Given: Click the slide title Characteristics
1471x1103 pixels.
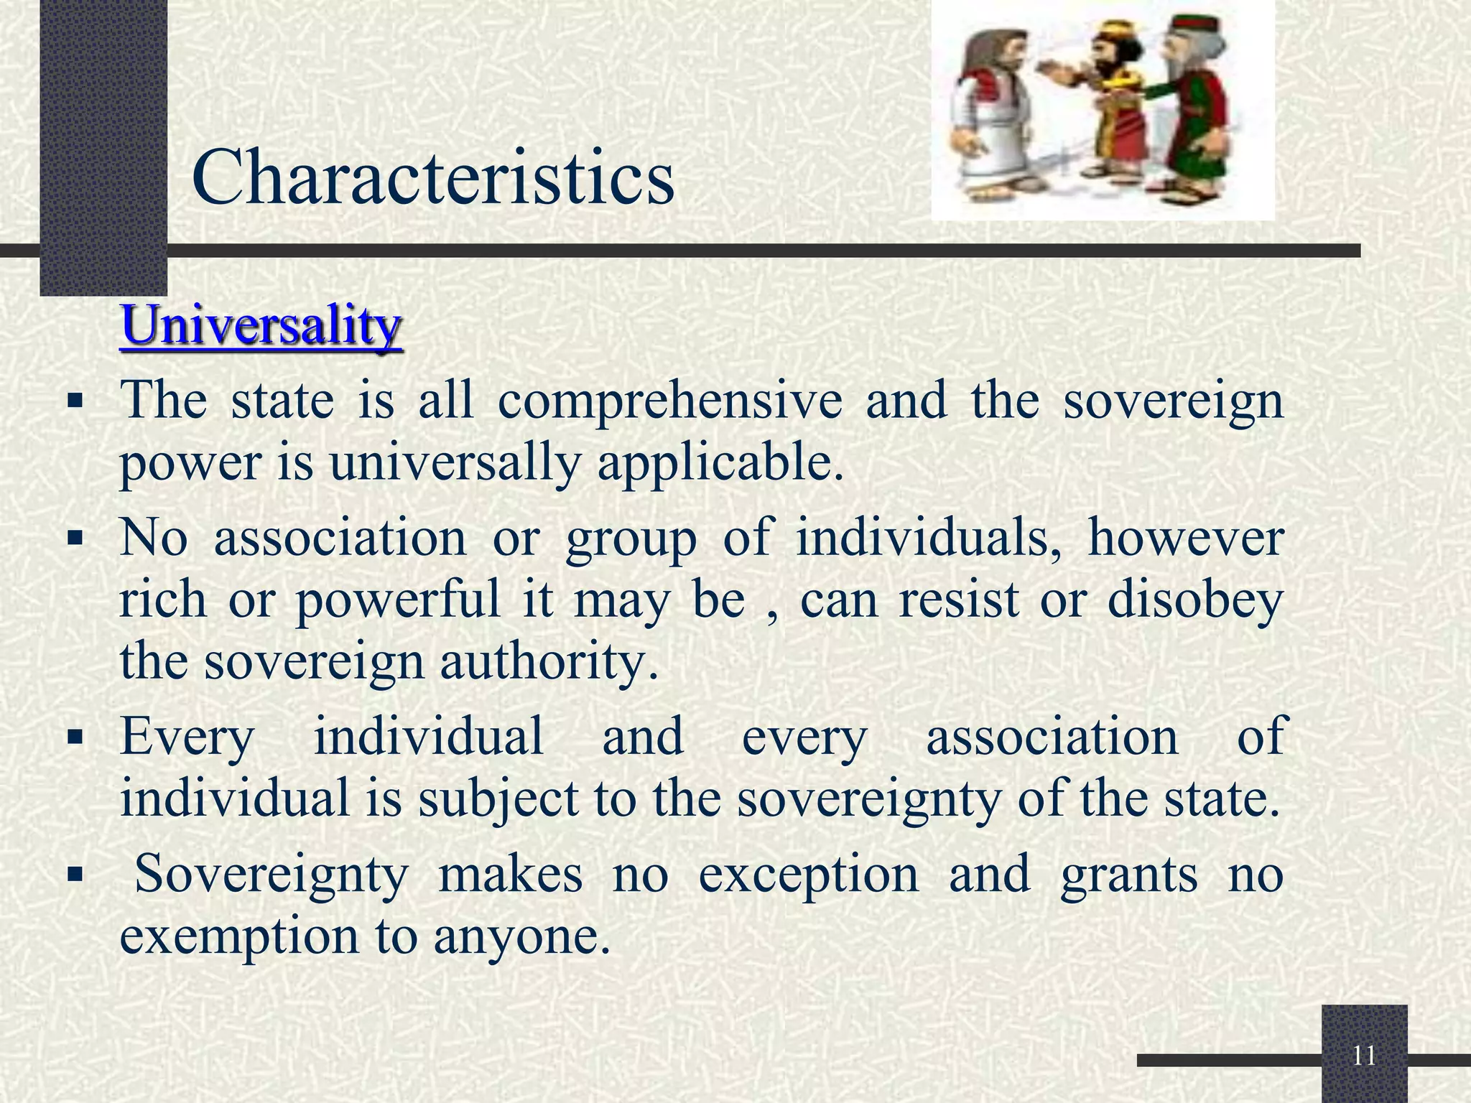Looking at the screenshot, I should (433, 177).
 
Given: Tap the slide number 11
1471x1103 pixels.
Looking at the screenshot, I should (1364, 1056).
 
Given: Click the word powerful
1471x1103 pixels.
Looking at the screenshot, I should (397, 600).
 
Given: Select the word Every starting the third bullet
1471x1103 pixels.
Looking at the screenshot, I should (187, 736).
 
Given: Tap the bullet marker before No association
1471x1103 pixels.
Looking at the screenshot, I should (75, 538).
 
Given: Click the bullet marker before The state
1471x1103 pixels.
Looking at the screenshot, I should (75, 401).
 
